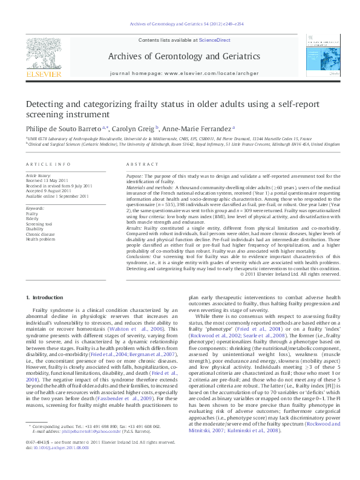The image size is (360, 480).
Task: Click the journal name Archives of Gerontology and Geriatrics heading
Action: point(180,57)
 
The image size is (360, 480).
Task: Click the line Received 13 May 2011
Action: point(46,180)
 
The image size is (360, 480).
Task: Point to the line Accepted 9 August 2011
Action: point(46,190)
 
